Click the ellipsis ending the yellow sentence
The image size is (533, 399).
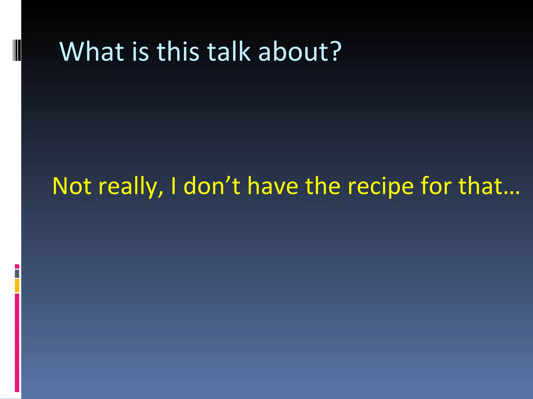pos(512,192)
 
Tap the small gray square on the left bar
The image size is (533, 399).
pos(17,274)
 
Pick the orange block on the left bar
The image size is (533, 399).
pos(17,285)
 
